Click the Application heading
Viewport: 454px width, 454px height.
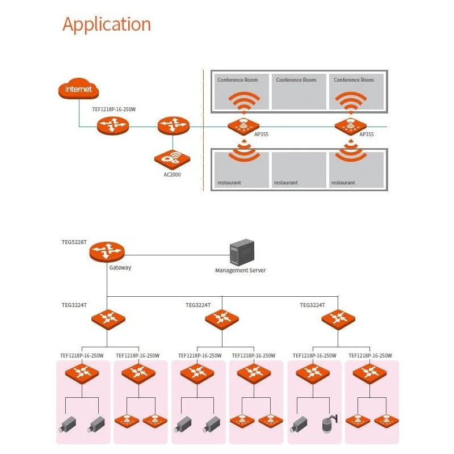click(107, 24)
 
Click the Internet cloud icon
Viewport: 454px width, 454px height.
click(78, 89)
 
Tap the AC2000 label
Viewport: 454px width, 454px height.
click(172, 174)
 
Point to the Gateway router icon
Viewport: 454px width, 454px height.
click(106, 251)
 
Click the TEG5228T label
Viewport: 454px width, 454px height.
click(74, 242)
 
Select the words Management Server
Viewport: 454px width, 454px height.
click(240, 271)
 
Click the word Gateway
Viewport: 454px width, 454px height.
click(120, 267)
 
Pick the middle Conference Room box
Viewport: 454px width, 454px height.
click(299, 91)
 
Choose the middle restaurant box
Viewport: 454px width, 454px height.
click(299, 169)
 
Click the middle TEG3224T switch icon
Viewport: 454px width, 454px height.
click(222, 318)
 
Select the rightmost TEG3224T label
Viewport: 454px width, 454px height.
click(312, 305)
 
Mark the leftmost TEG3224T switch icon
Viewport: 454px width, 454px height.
click(108, 318)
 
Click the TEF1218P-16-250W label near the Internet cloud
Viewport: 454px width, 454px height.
click(114, 109)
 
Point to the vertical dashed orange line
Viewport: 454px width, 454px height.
click(203, 131)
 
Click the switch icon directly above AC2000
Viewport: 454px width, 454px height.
click(173, 125)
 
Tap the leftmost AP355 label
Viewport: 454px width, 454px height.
click(261, 134)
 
